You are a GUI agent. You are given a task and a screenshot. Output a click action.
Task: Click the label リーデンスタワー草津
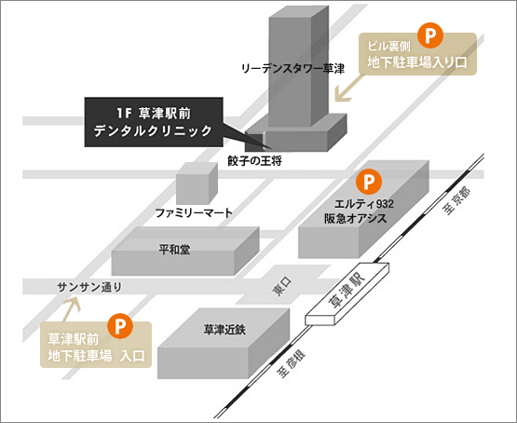[293, 69]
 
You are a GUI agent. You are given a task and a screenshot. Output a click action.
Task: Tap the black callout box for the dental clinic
[154, 122]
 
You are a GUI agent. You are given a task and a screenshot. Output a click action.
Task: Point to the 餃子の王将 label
[254, 161]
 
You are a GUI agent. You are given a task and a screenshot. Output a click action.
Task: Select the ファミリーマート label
[194, 212]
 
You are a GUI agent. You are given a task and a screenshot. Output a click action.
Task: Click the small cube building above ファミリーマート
[197, 184]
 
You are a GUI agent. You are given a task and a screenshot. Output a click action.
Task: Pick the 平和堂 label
[174, 250]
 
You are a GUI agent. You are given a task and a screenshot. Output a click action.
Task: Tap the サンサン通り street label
[89, 287]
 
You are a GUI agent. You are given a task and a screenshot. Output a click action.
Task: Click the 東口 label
[282, 286]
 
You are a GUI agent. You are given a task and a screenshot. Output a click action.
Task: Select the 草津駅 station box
[347, 293]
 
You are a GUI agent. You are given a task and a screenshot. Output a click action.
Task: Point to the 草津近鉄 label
[224, 330]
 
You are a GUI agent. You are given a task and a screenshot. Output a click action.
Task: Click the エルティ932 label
[364, 204]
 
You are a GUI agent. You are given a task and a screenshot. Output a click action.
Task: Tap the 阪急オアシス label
[356, 218]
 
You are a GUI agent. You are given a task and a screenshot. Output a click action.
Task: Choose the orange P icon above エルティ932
[369, 182]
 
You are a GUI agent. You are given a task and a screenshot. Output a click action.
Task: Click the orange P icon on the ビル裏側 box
[430, 35]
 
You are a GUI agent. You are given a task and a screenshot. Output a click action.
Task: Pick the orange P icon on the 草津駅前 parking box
[120, 326]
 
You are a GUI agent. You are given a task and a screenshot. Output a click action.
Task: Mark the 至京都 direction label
[457, 200]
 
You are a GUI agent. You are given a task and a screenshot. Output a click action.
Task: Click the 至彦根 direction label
[292, 363]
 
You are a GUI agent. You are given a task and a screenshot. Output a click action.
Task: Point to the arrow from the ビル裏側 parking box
[348, 88]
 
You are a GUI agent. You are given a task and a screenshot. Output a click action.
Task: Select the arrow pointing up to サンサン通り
[72, 308]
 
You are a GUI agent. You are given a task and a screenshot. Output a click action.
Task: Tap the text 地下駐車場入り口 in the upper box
[417, 62]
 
